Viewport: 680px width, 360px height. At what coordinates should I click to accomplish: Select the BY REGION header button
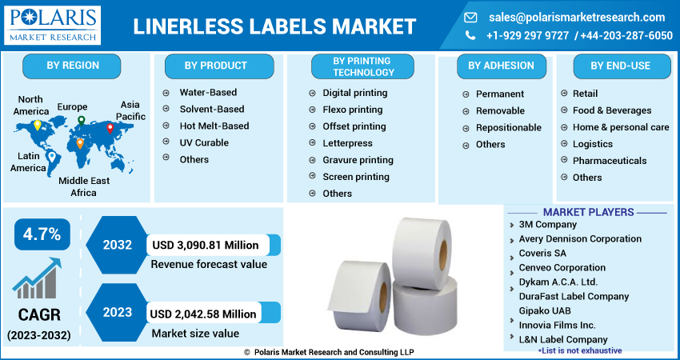click(71, 66)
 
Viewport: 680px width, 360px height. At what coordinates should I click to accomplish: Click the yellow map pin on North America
click(37, 126)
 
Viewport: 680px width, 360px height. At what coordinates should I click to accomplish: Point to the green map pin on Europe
click(81, 121)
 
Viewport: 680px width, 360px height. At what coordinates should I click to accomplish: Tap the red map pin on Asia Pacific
click(110, 128)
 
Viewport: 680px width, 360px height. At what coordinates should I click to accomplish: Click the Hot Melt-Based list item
click(214, 126)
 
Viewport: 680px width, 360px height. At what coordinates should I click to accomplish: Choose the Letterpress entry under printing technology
click(347, 143)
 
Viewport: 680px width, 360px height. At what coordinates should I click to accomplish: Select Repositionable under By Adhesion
click(508, 128)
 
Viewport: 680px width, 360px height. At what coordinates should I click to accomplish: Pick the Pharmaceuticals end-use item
click(609, 161)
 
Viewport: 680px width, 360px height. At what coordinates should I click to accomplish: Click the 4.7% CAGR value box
click(42, 234)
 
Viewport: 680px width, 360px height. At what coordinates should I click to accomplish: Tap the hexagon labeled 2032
click(117, 245)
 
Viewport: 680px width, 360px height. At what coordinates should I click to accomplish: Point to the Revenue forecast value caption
click(208, 264)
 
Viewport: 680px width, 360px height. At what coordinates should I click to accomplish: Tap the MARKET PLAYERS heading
click(588, 212)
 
